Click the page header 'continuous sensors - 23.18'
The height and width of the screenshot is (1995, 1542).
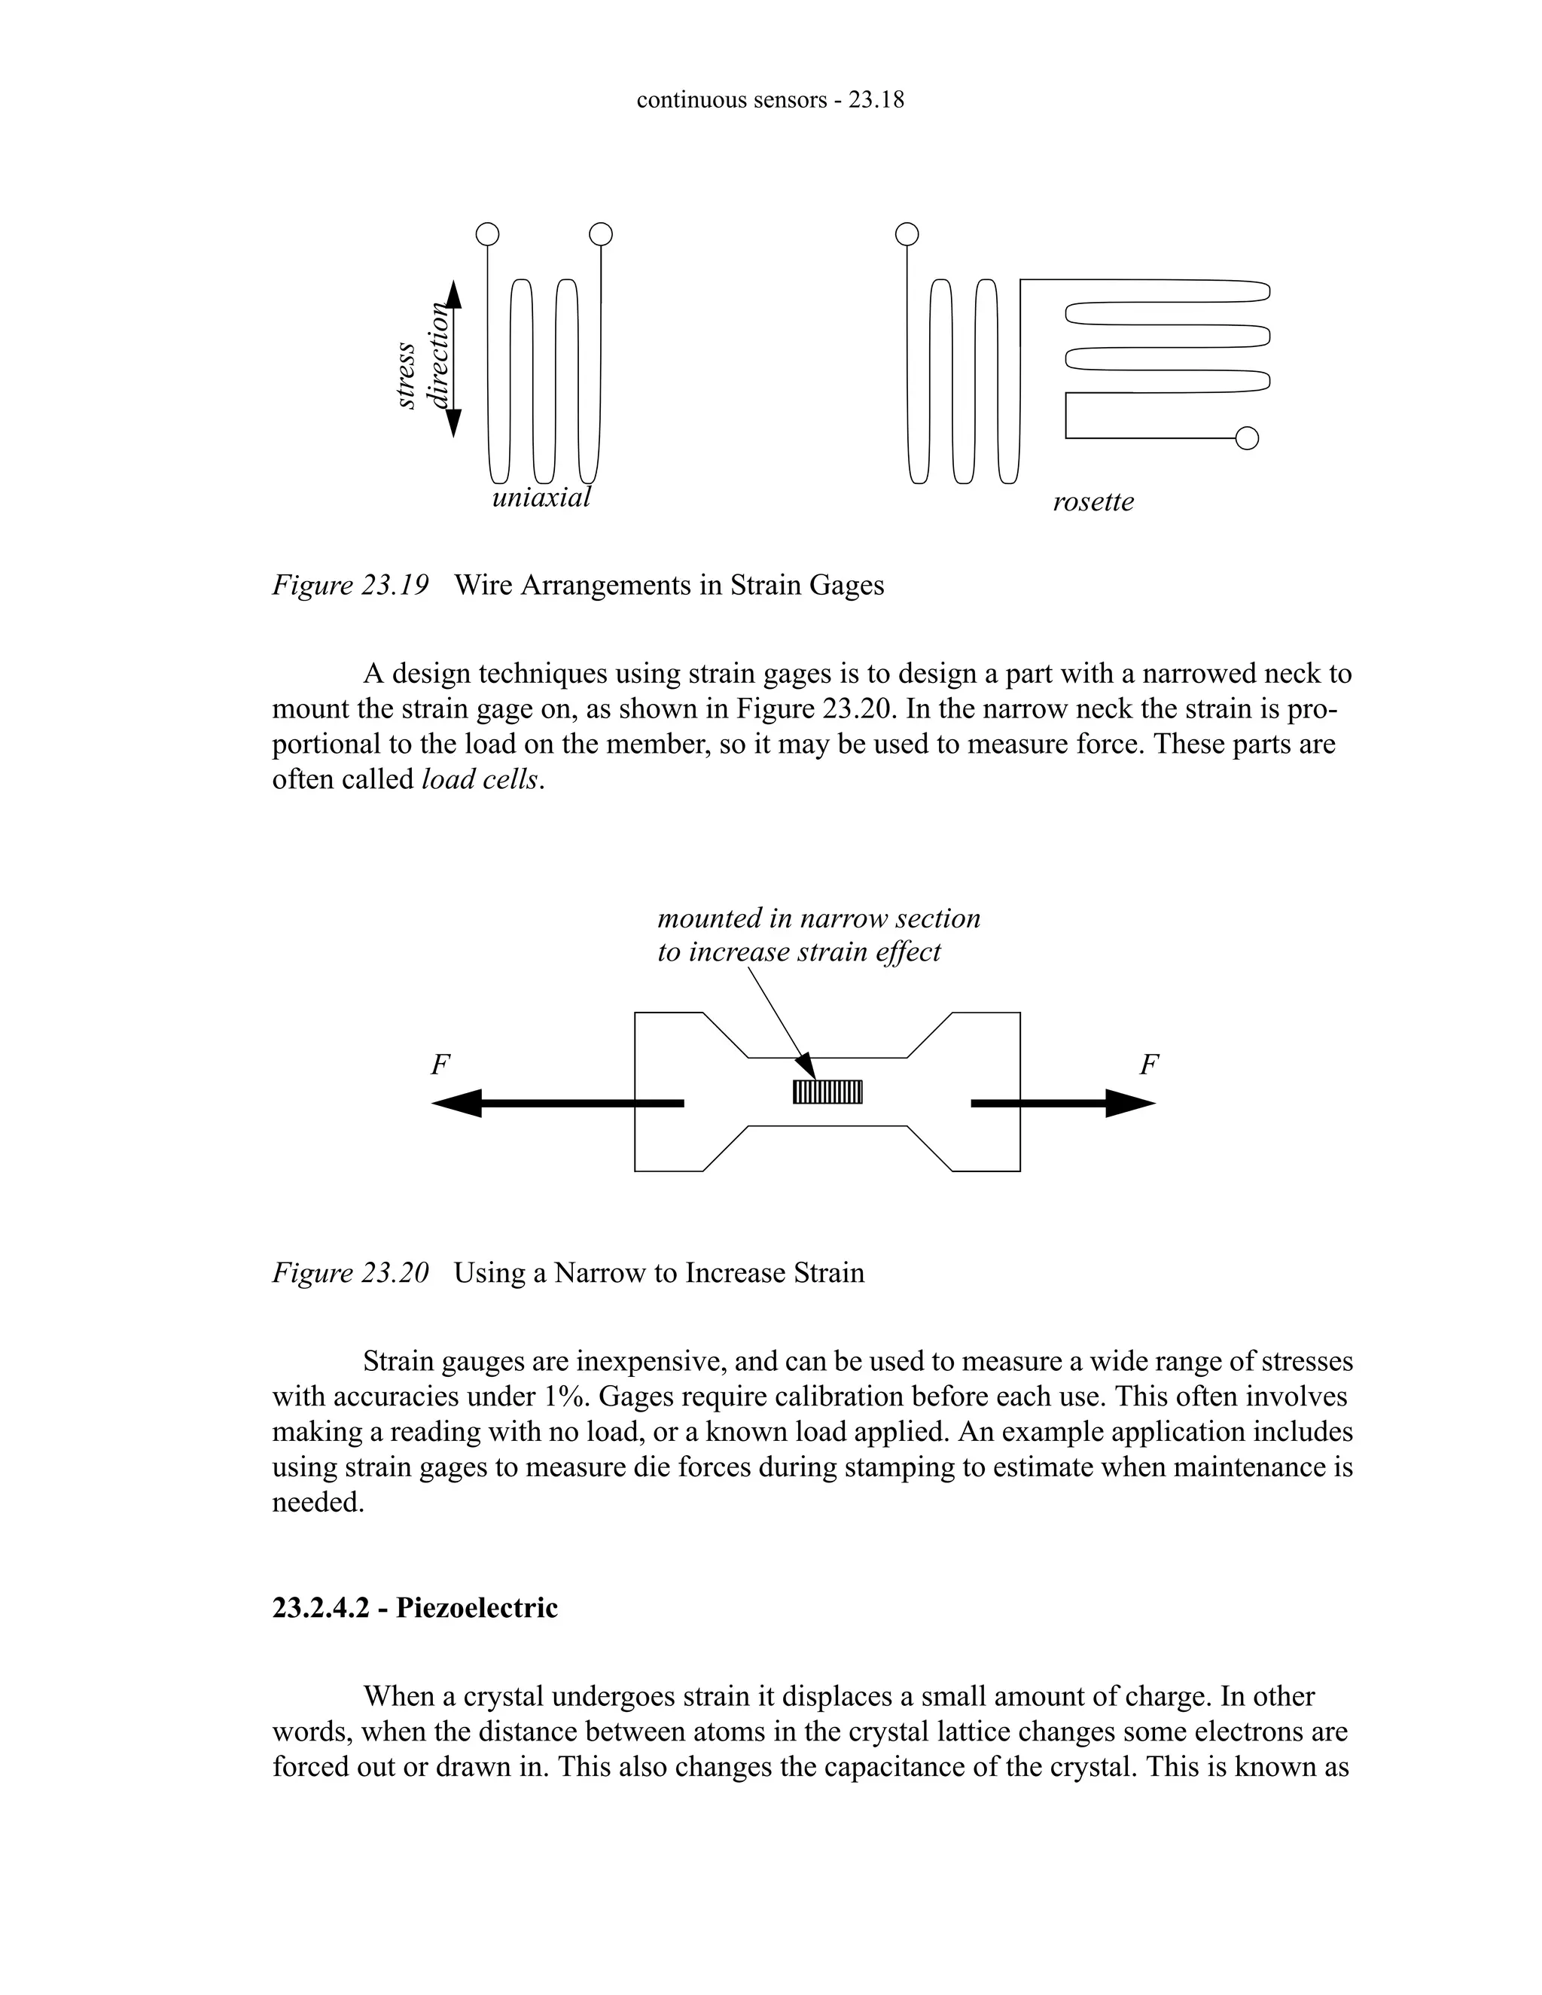tap(770, 100)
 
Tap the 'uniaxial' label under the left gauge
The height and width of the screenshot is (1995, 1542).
tap(541, 498)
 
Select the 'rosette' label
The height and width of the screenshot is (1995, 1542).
tap(1093, 502)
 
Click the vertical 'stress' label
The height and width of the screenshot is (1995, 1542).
tap(407, 376)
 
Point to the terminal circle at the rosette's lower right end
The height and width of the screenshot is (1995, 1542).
tap(1247, 438)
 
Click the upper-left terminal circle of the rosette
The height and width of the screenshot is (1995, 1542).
tap(907, 235)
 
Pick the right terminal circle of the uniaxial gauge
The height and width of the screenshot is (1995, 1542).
tap(600, 235)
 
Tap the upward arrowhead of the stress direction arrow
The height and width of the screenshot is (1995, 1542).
tap(453, 294)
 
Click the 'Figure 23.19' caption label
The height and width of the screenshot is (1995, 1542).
tap(350, 585)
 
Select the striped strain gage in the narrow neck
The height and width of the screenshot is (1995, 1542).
tap(827, 1092)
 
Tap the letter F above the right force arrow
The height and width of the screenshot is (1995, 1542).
tap(1149, 1065)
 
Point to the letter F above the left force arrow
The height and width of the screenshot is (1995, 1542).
tap(440, 1065)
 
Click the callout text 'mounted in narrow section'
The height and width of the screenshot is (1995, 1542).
tap(818, 918)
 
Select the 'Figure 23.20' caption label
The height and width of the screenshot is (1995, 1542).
tap(350, 1272)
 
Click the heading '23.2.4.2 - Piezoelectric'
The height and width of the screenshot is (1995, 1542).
tap(415, 1608)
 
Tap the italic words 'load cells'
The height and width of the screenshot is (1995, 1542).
tap(480, 779)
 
